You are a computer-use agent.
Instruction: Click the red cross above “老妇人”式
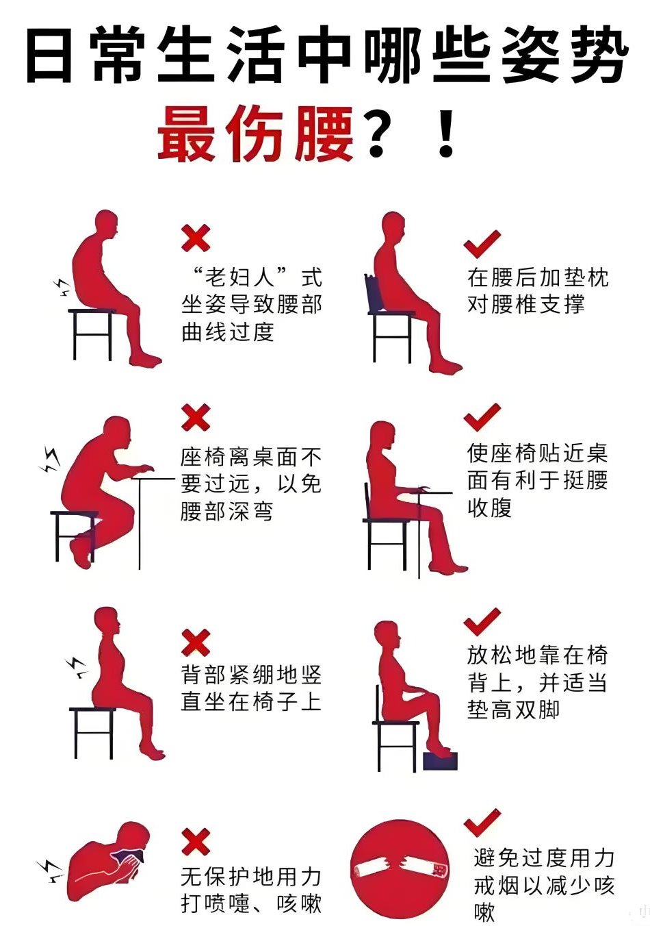click(x=195, y=238)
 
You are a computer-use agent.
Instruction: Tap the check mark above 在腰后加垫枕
click(x=482, y=245)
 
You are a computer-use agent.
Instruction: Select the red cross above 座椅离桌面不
click(x=195, y=417)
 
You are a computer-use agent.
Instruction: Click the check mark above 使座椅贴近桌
click(x=482, y=417)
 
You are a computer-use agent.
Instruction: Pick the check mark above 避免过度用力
click(x=482, y=823)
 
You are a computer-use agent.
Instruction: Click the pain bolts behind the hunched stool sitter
click(x=62, y=287)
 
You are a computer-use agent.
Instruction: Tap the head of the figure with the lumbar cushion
click(x=393, y=227)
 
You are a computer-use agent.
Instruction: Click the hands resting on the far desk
click(x=142, y=469)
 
